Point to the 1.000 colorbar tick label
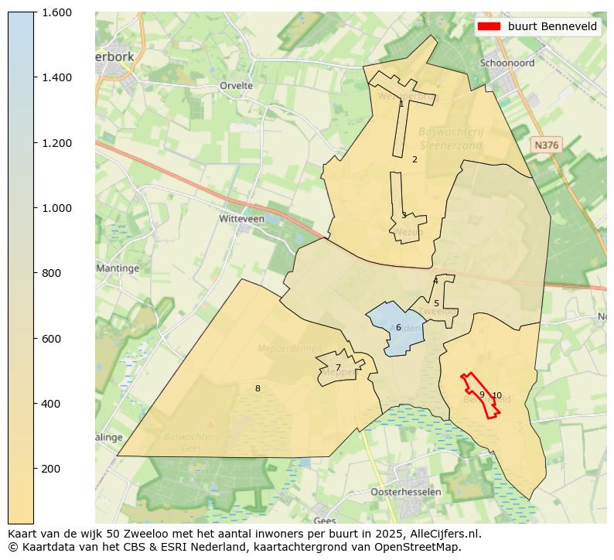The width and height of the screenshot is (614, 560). (56, 208)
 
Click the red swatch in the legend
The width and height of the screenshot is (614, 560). (489, 26)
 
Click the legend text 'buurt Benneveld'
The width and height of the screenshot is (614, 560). (552, 26)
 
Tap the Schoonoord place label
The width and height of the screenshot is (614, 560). (507, 63)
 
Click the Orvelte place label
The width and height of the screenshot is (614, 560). (236, 86)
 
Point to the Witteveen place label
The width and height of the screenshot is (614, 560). (241, 219)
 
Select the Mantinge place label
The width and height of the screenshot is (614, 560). (118, 268)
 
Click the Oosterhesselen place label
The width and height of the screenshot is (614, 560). (406, 492)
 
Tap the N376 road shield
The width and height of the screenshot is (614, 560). (546, 145)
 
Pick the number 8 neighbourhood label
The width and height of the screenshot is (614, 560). (258, 388)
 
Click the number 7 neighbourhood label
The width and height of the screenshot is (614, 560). (338, 367)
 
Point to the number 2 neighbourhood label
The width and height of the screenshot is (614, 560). (414, 159)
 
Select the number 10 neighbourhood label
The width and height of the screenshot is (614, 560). (496, 395)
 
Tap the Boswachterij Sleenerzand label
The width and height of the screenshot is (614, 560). (451, 138)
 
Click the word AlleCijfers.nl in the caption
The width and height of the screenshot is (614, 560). (446, 534)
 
